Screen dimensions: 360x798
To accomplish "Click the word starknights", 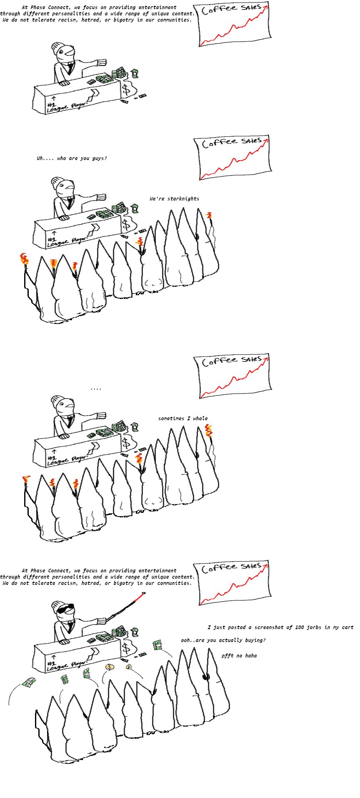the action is [x=183, y=199].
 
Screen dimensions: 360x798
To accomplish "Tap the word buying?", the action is [x=255, y=640].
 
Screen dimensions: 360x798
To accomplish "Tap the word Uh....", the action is [x=40, y=158].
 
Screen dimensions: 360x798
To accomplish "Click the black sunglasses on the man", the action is [x=65, y=609].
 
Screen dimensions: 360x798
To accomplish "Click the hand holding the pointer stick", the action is [x=102, y=620].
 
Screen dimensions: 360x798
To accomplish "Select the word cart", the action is [x=347, y=627].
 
